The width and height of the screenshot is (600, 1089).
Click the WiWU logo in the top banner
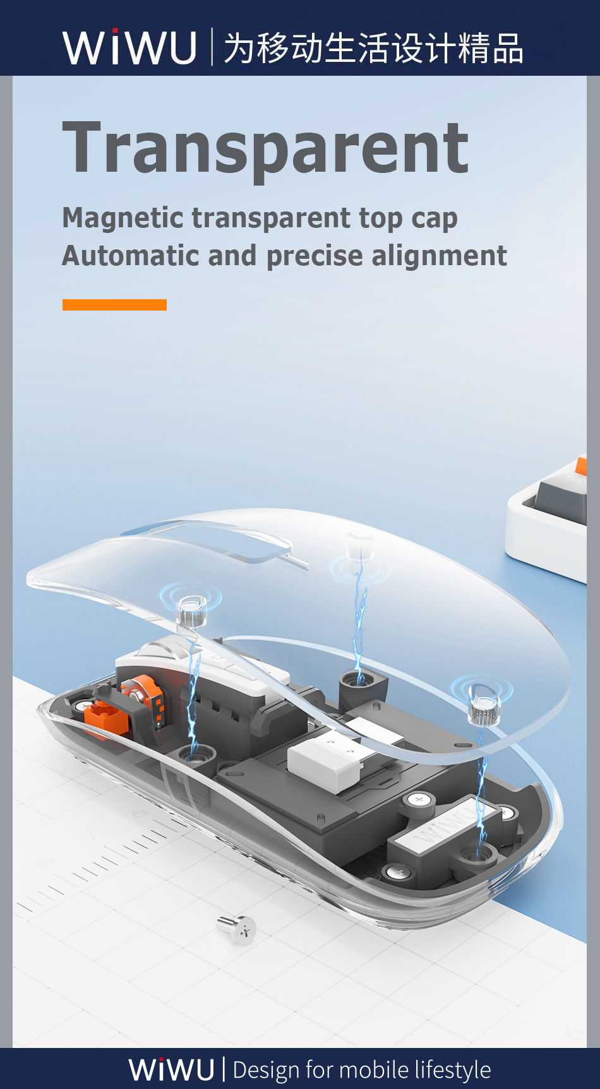coord(129,47)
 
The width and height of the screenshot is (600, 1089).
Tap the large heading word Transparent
coord(266,148)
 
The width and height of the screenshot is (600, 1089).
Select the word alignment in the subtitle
coord(439,256)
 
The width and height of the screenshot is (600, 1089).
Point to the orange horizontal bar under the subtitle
coord(114,305)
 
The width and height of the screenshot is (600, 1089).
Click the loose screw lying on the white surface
coord(237,928)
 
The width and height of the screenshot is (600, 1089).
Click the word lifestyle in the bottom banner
coord(453,1070)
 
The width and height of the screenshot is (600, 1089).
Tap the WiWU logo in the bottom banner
coord(172,1069)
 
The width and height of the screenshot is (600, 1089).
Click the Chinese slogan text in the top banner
coord(373,48)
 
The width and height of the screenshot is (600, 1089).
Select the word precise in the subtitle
coord(315,257)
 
